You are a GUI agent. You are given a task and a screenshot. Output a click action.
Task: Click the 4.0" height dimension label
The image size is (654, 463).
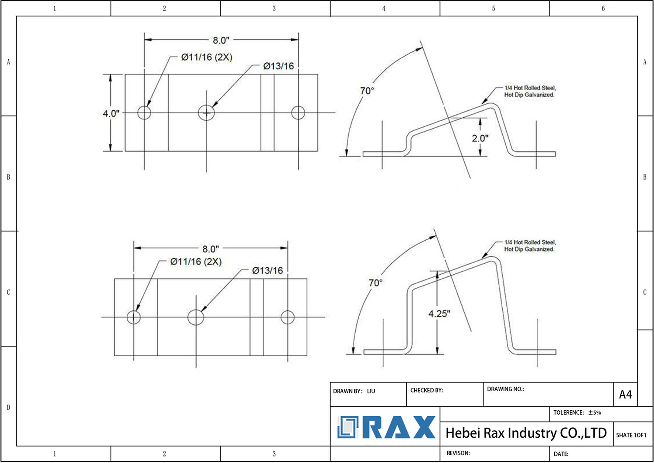(x=111, y=113)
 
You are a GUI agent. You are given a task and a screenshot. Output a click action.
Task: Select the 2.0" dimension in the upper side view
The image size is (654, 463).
(x=480, y=138)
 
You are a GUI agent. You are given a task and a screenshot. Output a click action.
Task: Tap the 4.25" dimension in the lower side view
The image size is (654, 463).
(x=439, y=313)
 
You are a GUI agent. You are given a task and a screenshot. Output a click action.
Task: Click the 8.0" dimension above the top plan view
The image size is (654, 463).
(x=221, y=41)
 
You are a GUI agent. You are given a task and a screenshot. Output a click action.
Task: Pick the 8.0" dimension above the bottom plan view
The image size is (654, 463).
(x=210, y=249)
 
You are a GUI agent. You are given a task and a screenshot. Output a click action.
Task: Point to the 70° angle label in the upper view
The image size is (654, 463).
(x=367, y=91)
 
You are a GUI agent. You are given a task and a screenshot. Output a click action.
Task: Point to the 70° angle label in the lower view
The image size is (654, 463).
(x=375, y=283)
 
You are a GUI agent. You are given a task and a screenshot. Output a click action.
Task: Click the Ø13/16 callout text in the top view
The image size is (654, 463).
(x=278, y=66)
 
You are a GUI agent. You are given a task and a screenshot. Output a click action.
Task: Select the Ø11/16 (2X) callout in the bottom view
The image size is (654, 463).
(x=196, y=262)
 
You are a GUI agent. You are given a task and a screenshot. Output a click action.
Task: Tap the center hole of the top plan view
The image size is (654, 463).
(x=206, y=113)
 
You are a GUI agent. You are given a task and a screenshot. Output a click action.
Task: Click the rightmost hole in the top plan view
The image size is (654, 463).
(x=298, y=112)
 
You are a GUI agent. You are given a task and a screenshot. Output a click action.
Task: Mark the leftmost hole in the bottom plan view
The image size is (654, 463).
(x=133, y=317)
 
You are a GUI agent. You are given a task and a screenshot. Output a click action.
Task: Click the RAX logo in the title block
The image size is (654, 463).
(x=386, y=427)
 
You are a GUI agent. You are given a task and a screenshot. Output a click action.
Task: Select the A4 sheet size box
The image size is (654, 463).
(x=625, y=395)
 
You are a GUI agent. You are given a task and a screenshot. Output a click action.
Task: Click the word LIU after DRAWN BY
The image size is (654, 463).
(x=371, y=391)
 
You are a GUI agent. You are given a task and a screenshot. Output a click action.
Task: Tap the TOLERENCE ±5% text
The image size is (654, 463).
(x=577, y=412)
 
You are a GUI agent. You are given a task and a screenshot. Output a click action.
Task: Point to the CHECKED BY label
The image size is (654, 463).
(x=426, y=390)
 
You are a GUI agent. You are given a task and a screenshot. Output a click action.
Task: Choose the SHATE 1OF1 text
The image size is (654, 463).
(x=631, y=435)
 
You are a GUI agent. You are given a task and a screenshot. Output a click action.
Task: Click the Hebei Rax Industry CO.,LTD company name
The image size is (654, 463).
(x=526, y=433)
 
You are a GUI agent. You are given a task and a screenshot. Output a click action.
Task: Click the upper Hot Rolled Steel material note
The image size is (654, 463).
(x=530, y=91)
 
